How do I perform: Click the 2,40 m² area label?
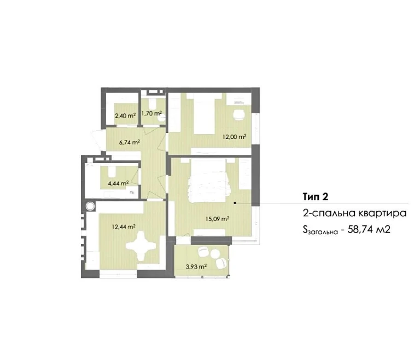(125, 116)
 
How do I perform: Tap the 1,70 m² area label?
(151, 113)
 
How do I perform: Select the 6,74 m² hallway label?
(130, 142)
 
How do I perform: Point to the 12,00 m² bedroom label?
(235, 137)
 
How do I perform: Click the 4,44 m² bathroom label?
(118, 183)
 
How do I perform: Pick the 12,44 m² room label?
(124, 227)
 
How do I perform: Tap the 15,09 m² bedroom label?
(217, 219)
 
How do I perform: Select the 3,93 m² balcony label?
(196, 266)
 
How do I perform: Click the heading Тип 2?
(316, 197)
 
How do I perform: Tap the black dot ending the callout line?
(235, 203)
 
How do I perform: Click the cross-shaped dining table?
(141, 246)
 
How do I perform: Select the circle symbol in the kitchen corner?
(90, 206)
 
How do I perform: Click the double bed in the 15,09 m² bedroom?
(209, 181)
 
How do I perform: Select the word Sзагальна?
(320, 230)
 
